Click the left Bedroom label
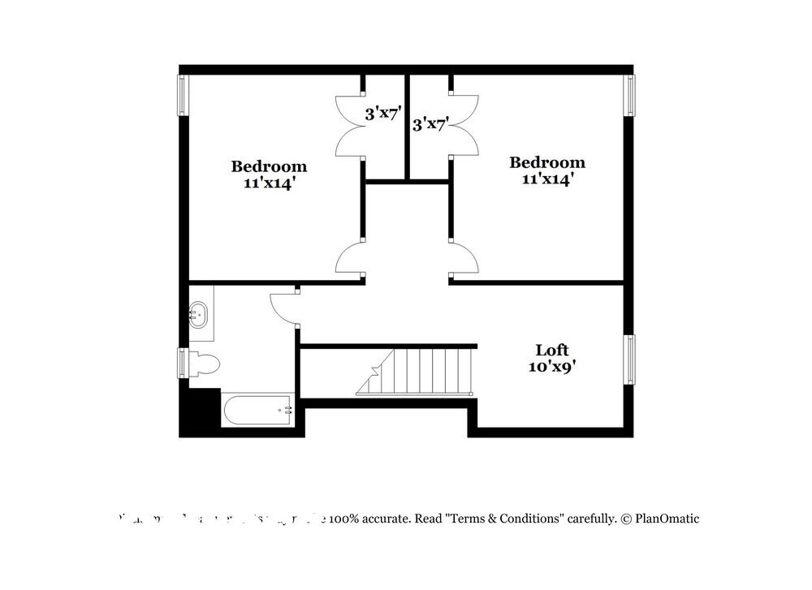point(269,166)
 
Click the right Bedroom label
point(546,162)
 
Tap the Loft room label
point(551,350)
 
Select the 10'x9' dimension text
point(551,366)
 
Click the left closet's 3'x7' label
point(383,114)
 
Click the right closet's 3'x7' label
point(430,124)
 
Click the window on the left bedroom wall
point(183,95)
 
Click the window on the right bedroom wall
point(628,95)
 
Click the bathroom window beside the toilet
point(183,362)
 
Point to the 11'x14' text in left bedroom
point(269,183)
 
